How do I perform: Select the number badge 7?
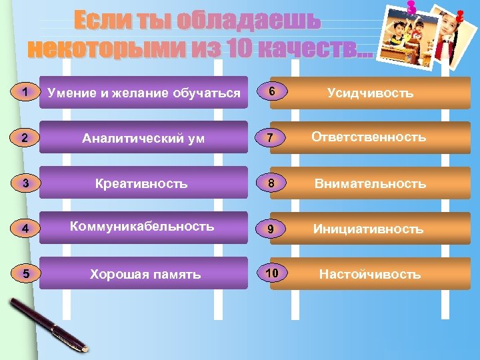269,138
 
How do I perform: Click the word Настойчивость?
370,274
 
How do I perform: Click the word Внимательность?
371,183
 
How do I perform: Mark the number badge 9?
269,229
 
